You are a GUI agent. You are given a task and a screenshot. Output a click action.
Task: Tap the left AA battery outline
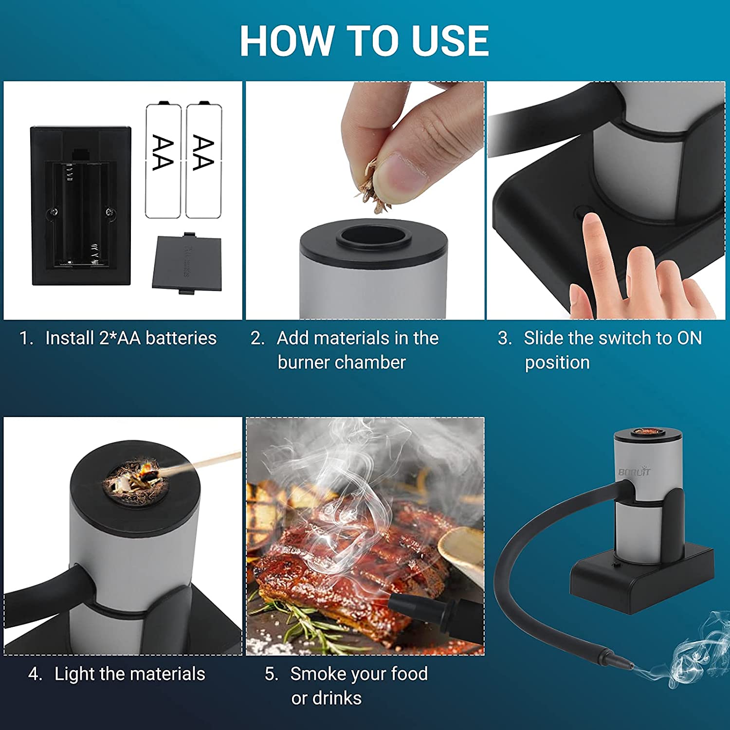coord(164,161)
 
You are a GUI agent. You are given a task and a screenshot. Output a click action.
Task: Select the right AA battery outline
coord(204,161)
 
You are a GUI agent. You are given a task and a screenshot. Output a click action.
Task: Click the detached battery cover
coord(187,263)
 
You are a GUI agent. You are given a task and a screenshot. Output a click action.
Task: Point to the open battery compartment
coord(81,214)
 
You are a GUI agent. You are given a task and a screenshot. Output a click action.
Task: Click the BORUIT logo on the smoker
coord(634,471)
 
